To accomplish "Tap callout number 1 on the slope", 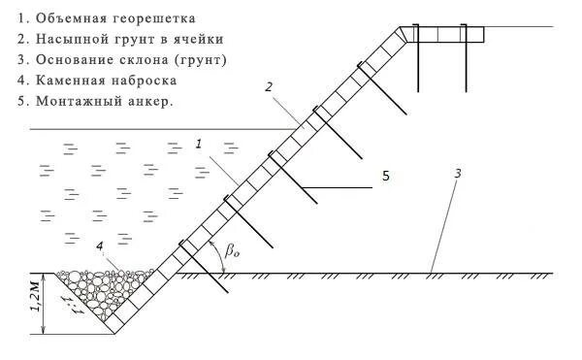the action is point(197,144).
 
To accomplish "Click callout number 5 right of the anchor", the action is point(385,177).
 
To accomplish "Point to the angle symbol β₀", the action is point(232,250).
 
